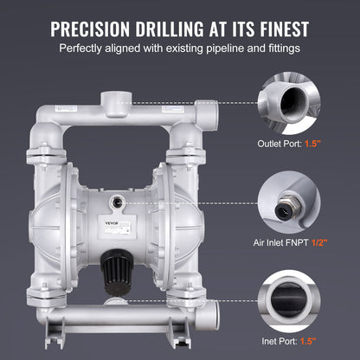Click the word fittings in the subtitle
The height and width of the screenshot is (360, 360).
tap(278, 48)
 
